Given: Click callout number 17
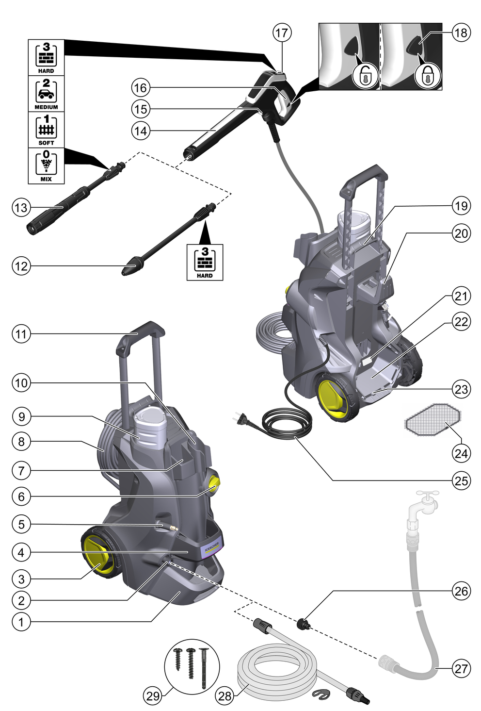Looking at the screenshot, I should point(282,33).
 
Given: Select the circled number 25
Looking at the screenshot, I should point(461,480).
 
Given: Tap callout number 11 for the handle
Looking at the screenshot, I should point(21,334).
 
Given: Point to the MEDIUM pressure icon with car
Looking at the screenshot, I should point(46,93).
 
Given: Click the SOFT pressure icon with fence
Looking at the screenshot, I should point(46,129).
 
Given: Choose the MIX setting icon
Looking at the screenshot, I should point(46,165).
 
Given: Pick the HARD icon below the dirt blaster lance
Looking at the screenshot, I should point(205,262).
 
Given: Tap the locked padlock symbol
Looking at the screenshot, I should point(428,75).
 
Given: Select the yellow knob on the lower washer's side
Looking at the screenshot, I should point(213,483).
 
